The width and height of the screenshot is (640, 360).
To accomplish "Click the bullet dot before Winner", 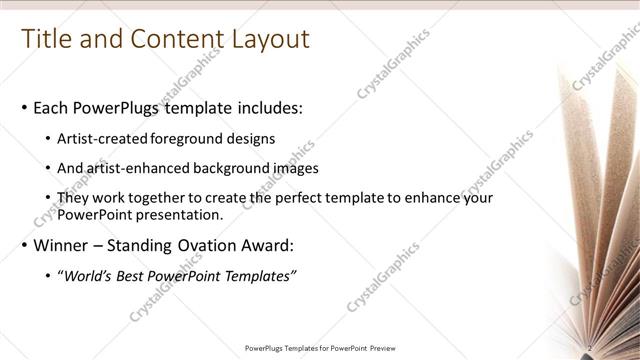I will [24, 245].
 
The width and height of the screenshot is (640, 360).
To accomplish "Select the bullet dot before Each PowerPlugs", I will [24, 108].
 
